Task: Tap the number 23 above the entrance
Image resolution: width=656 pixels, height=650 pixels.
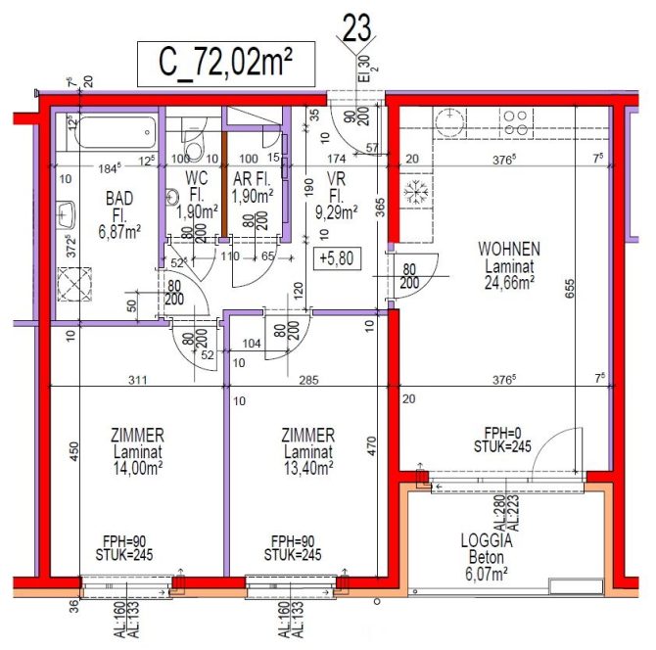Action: click(x=356, y=27)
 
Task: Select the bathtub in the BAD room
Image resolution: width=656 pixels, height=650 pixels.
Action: click(x=112, y=129)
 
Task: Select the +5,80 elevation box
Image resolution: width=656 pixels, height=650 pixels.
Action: click(x=335, y=258)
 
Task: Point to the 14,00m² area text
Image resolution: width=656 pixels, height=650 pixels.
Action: click(x=137, y=467)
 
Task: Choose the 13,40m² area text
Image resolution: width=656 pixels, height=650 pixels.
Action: click(x=308, y=467)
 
